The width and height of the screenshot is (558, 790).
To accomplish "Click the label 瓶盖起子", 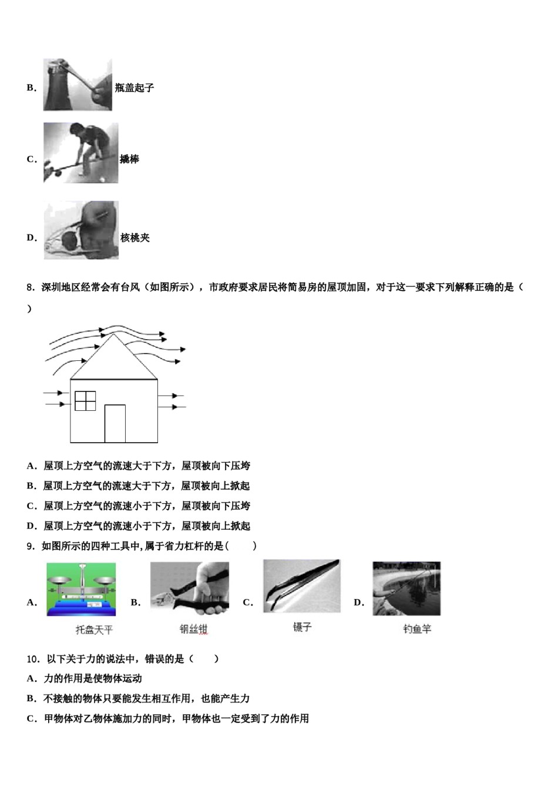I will coord(135,88).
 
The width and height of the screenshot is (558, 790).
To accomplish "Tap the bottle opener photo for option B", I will coord(78,85).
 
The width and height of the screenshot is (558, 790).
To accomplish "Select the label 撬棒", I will coord(129,159).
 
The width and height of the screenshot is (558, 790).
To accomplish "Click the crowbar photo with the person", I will coord(80,153).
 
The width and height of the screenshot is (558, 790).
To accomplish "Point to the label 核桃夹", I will coord(135,237).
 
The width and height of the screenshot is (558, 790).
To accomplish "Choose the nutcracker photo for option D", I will coord(81,230).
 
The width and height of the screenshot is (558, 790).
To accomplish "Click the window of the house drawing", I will coord(85,401).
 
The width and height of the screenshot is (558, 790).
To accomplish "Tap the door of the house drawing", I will coord(115,423).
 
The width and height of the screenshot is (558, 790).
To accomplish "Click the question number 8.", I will coord(31,287).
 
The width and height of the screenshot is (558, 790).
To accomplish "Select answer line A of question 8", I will coord(139,466).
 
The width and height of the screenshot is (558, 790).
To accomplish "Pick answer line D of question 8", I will coord(139,526).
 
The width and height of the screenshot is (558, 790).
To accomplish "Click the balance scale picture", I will coord(81,590).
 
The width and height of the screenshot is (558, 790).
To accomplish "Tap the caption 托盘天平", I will coord(94,630).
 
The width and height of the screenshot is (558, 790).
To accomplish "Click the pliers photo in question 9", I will coord(189,588).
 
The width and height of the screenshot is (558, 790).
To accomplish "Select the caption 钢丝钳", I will coord(193,629).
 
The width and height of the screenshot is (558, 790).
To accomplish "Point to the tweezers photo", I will coord(301,586).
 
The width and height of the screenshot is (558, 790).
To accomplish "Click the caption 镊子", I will coord(302,627).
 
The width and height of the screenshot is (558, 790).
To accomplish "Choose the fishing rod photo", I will coord(406,588).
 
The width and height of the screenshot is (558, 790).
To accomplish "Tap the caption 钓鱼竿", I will coord(417,629).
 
